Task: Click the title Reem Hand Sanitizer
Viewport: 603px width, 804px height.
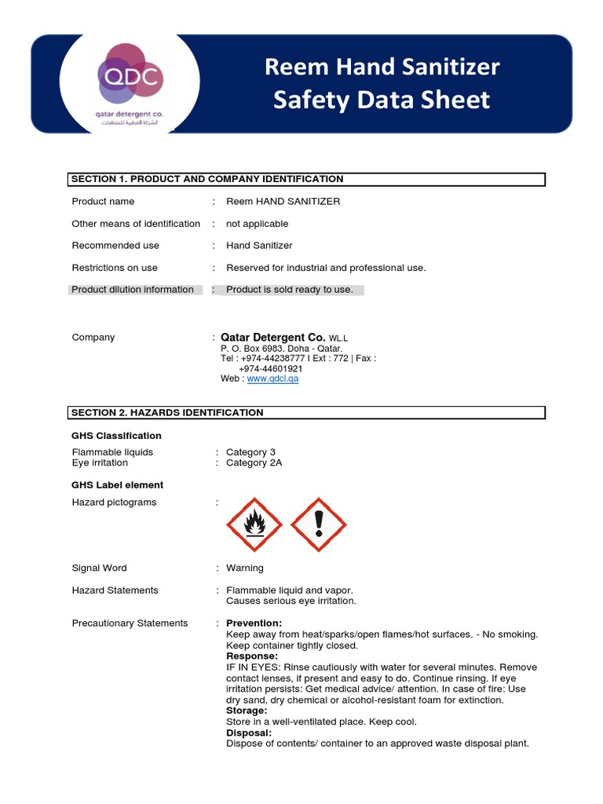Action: (382, 68)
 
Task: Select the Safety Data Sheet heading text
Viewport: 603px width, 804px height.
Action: (382, 100)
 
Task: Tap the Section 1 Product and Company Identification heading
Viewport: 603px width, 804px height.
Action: (207, 179)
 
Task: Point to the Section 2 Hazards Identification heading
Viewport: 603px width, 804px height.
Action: (167, 412)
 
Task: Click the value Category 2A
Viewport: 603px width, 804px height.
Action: (254, 463)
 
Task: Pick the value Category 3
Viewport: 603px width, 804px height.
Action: (250, 452)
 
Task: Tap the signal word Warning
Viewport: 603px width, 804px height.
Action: (245, 568)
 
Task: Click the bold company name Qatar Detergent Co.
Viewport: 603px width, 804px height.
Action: (272, 338)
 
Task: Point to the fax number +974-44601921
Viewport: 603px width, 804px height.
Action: (270, 368)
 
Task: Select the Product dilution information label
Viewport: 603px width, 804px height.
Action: (133, 290)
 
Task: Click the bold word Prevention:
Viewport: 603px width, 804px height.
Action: (254, 623)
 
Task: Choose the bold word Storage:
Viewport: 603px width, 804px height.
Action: (247, 711)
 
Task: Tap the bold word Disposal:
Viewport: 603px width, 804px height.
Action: (249, 733)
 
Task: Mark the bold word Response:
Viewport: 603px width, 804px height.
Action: (252, 656)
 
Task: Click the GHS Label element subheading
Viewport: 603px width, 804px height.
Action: (118, 485)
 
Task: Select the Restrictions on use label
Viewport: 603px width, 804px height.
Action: (115, 268)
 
